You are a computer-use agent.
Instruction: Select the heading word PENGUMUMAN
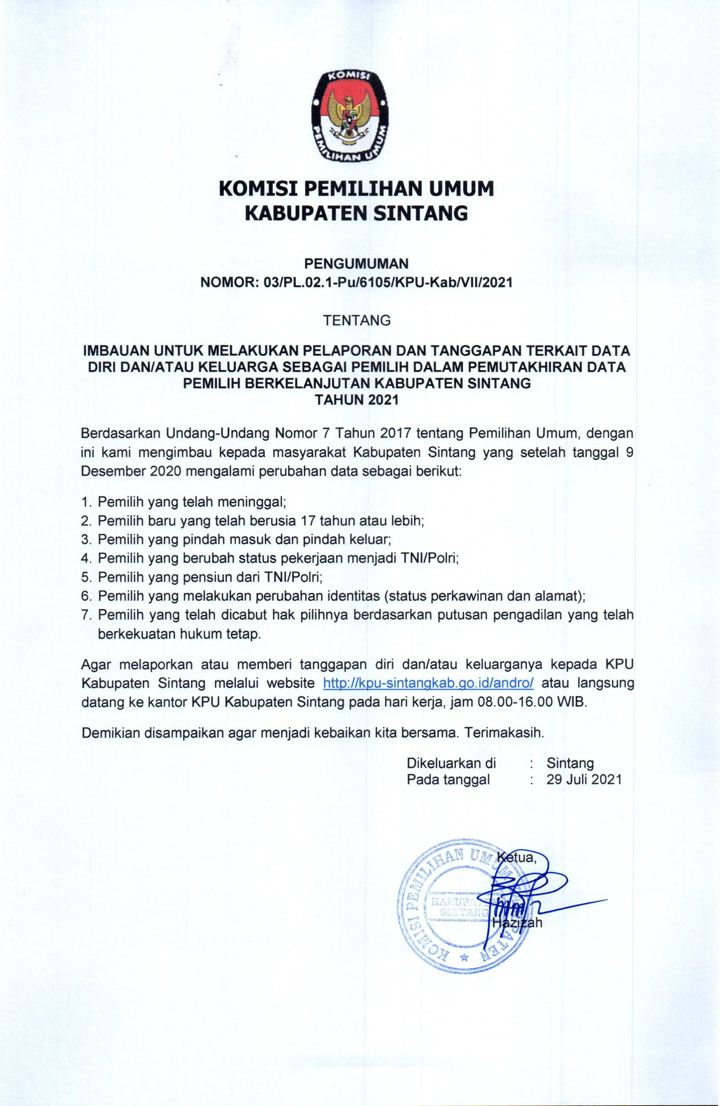point(356,264)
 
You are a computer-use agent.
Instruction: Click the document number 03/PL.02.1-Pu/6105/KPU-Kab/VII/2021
point(388,282)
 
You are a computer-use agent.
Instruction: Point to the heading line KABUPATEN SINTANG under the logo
point(356,213)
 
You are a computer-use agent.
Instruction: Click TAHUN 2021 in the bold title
point(357,400)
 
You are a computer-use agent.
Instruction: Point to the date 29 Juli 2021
point(584,779)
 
